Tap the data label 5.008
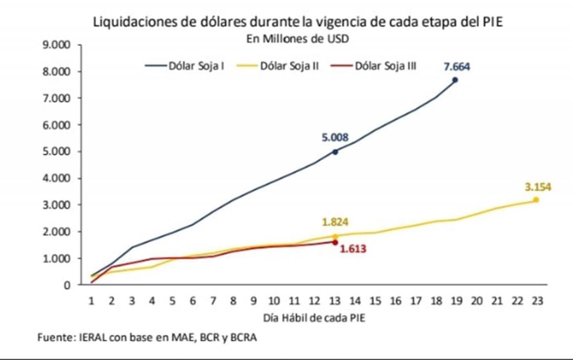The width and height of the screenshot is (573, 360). click(x=335, y=138)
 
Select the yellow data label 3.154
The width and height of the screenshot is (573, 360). click(x=538, y=187)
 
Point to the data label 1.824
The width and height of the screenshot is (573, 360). click(x=335, y=222)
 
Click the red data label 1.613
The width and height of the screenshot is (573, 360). click(x=353, y=249)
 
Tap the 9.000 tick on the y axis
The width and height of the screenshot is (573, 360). click(x=57, y=45)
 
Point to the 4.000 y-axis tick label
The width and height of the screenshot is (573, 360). click(x=57, y=179)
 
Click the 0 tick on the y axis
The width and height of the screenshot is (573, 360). click(x=67, y=285)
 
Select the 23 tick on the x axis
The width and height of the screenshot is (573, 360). click(x=536, y=301)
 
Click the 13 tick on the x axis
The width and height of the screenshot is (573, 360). click(x=335, y=301)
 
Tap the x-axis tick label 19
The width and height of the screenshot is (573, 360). click(x=456, y=301)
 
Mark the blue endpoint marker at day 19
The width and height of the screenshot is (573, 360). click(x=455, y=80)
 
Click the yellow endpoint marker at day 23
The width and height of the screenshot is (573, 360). click(x=536, y=200)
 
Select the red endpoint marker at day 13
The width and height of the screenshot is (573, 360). click(x=335, y=242)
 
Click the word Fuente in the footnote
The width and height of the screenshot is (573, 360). click(x=54, y=338)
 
